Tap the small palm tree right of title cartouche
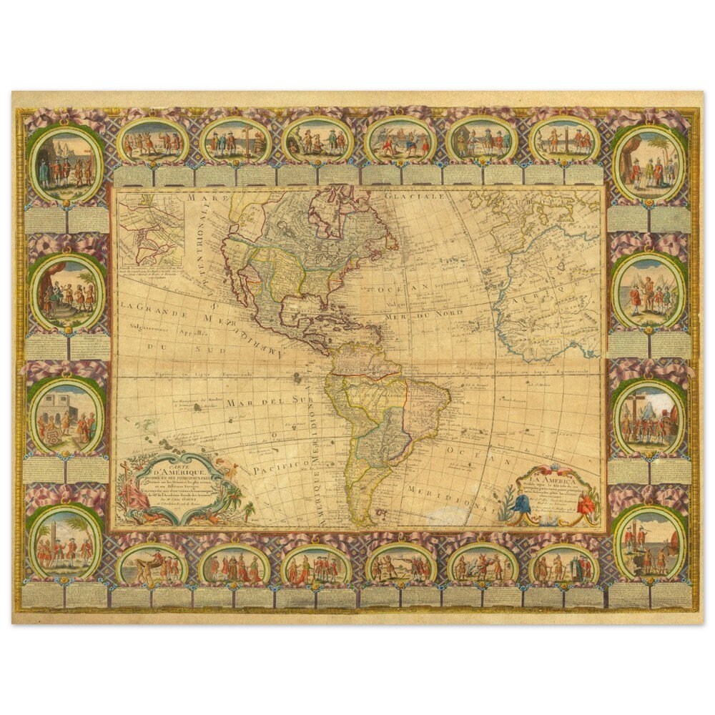pyautogui.click(x=248, y=509)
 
